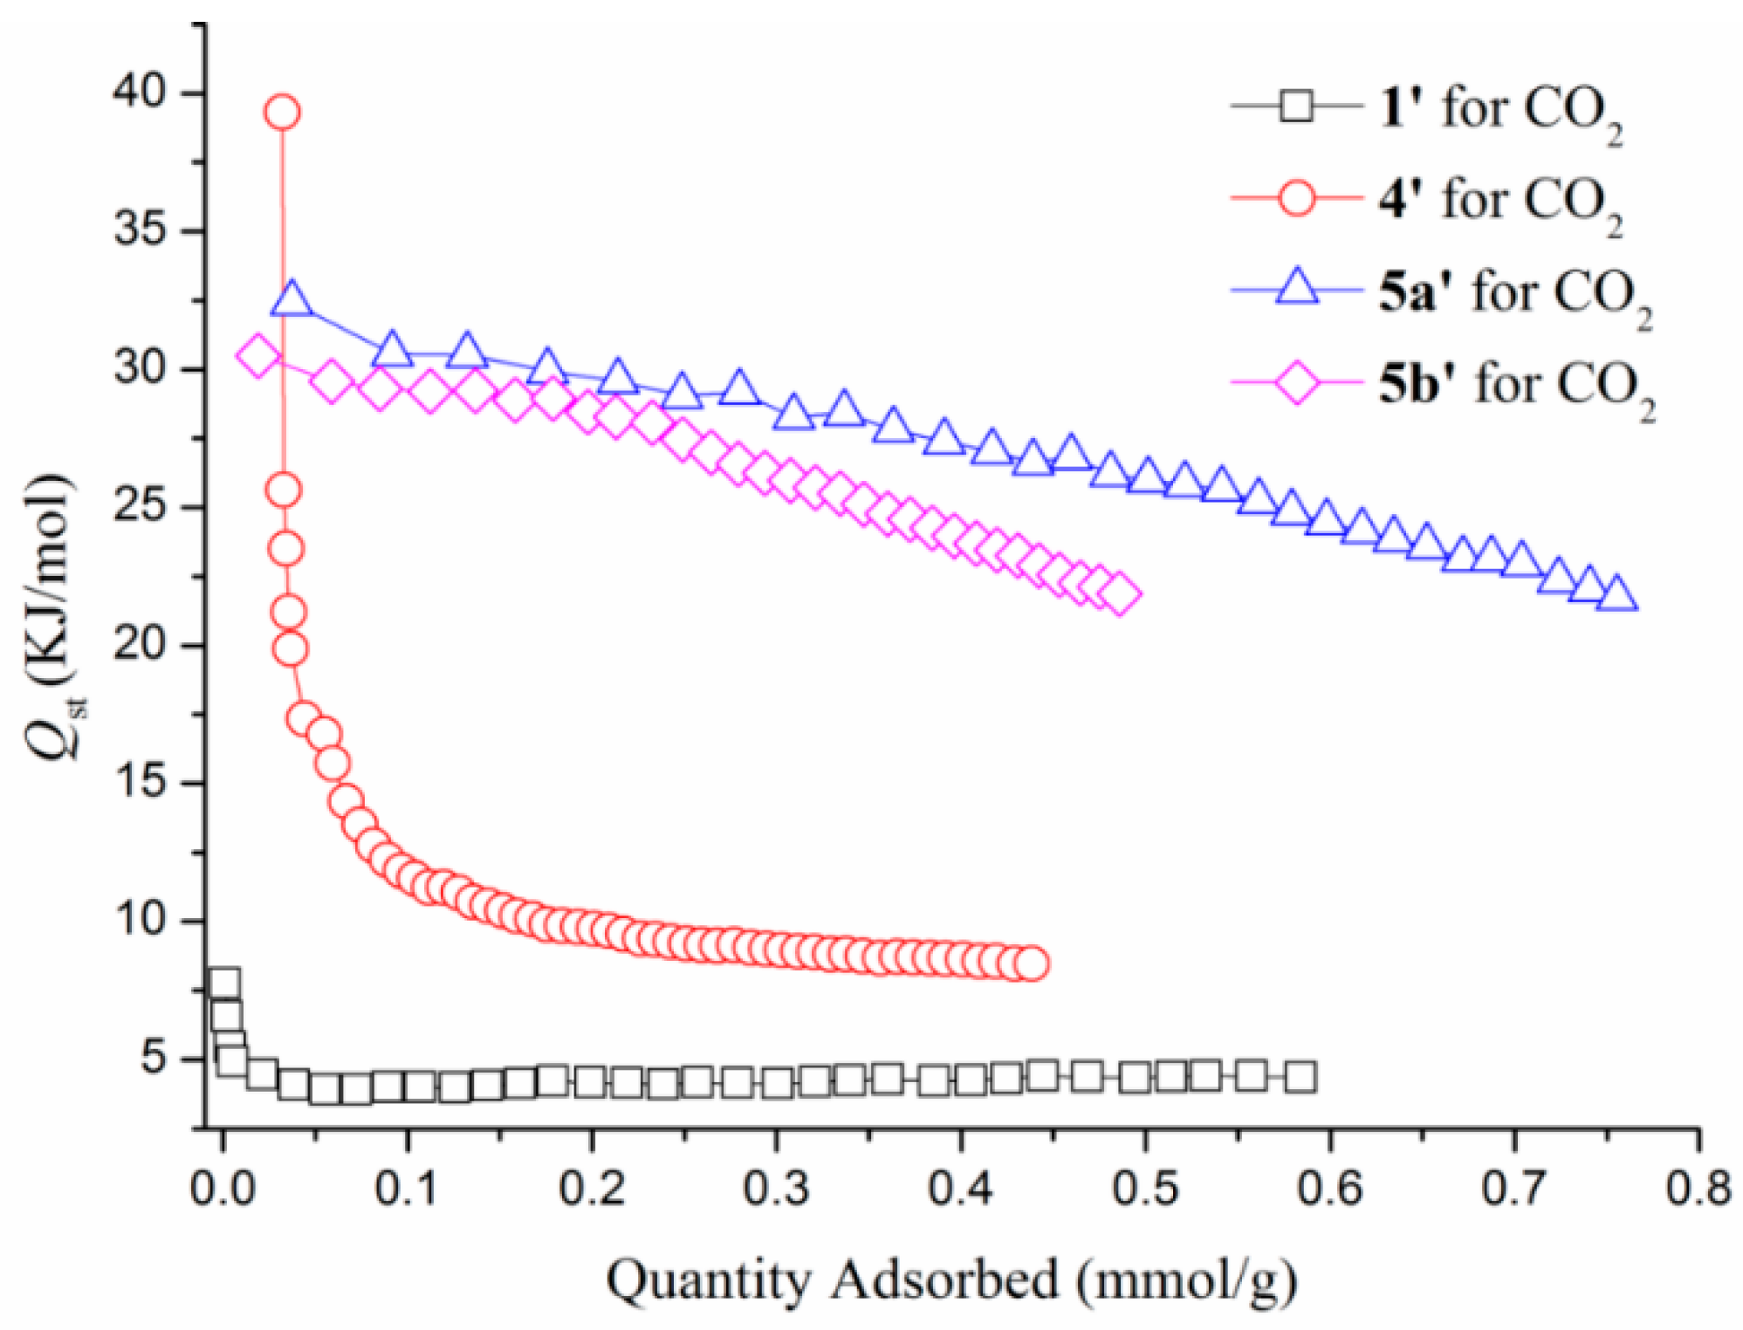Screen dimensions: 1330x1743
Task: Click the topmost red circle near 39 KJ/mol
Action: point(283,112)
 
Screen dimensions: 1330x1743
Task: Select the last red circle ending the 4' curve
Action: point(1032,963)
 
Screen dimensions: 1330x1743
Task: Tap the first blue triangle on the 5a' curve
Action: point(292,299)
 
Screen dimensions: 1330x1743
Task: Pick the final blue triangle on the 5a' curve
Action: point(1616,594)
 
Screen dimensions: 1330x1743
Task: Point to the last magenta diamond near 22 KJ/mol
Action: point(1121,594)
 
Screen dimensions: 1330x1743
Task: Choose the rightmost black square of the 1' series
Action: point(1300,1078)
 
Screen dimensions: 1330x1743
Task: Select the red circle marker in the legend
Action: point(1297,199)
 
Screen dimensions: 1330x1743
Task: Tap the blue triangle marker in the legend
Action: point(1297,288)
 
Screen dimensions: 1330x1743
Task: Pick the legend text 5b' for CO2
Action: point(1517,385)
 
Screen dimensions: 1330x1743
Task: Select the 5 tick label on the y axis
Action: point(154,1059)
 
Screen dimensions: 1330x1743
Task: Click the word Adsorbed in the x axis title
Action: point(944,1280)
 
